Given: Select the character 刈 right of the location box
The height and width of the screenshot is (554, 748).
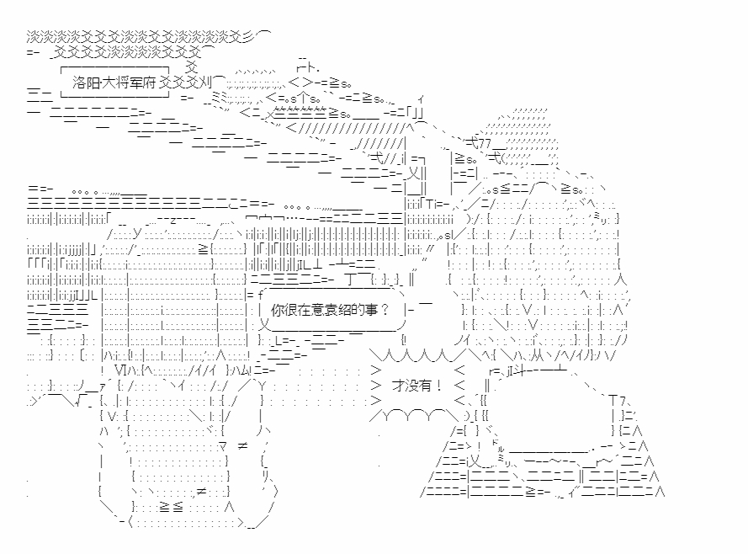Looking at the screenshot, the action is (205, 83).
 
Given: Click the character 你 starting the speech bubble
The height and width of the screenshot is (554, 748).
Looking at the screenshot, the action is (278, 310).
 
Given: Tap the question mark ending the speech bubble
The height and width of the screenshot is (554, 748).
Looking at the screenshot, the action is (385, 310).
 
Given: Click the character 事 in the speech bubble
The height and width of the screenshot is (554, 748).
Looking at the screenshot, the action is (371, 310).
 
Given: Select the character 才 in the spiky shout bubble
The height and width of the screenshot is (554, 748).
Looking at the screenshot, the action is (398, 386).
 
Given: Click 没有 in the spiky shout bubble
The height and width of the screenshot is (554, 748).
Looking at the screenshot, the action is (418, 386).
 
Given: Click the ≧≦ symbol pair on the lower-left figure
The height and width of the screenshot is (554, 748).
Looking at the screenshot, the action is (171, 507).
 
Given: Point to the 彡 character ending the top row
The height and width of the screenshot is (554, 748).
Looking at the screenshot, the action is (250, 37).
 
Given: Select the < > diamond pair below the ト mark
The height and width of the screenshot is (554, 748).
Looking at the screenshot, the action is (301, 82).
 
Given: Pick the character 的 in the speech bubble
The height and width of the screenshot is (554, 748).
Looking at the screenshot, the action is (358, 310).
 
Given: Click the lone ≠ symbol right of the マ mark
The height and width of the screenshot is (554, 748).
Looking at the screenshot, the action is (242, 446).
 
